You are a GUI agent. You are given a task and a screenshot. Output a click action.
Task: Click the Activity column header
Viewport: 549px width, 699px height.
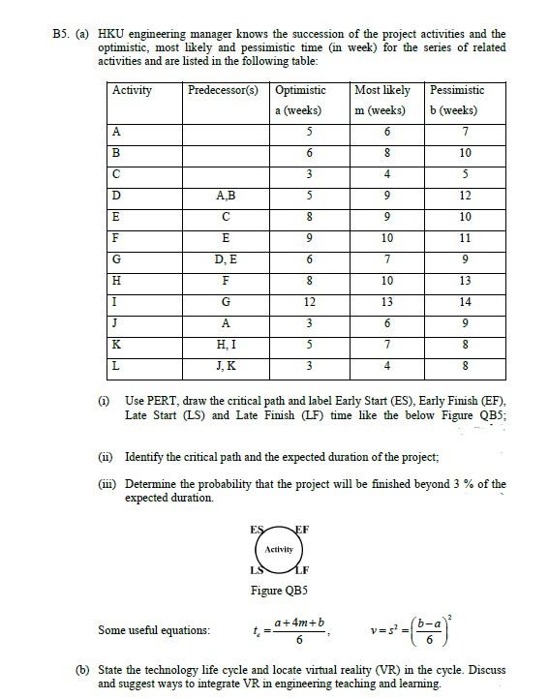(133, 90)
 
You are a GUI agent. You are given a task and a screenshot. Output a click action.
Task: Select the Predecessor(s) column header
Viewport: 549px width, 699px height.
(223, 90)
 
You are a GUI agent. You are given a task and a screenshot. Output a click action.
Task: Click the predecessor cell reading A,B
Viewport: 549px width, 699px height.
(224, 197)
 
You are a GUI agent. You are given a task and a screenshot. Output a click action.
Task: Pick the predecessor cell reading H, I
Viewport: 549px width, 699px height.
(224, 344)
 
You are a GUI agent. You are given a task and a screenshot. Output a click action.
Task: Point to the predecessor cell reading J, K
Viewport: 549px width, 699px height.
(224, 365)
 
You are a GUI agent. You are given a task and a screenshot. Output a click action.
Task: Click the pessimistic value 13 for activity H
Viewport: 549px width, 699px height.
(465, 281)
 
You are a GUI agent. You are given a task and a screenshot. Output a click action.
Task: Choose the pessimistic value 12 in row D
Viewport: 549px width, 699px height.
(465, 197)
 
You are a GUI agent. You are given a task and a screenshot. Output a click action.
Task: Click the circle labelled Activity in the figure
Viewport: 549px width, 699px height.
(279, 549)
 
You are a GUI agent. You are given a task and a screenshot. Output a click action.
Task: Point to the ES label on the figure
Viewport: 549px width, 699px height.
(255, 529)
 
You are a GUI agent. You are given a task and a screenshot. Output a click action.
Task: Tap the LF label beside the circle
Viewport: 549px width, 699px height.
(303, 570)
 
